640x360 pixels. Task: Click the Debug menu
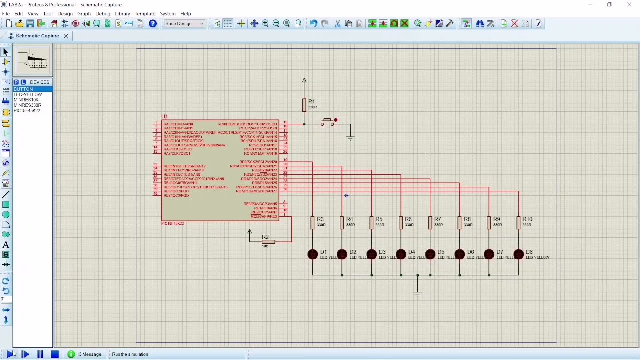click(103, 14)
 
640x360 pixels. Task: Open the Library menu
click(122, 14)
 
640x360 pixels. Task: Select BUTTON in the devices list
click(23, 89)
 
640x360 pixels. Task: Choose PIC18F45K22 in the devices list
click(27, 110)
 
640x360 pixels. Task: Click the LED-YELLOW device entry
click(28, 94)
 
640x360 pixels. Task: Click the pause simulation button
click(40, 354)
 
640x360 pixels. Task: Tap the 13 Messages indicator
click(86, 354)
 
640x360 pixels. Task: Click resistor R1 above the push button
click(304, 105)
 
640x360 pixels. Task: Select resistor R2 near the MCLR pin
click(268, 242)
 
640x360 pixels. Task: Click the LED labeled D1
click(313, 255)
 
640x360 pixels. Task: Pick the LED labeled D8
click(518, 255)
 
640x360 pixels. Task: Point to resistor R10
click(518, 222)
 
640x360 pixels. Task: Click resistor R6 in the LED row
click(401, 222)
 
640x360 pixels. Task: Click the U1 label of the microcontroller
click(164, 117)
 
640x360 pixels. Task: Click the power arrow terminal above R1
click(304, 80)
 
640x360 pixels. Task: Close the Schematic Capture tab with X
click(65, 36)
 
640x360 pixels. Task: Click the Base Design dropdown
click(184, 24)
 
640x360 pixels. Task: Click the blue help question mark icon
click(153, 24)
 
